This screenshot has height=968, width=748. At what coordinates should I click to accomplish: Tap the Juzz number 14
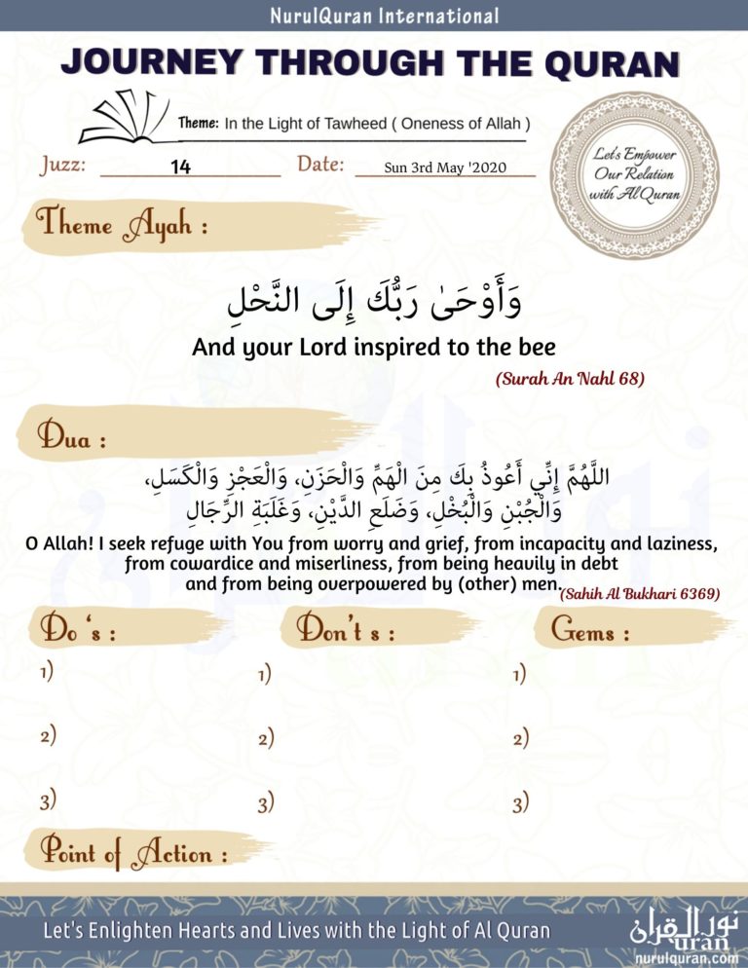pyautogui.click(x=180, y=167)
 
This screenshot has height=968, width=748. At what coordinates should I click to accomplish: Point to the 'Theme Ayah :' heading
pyautogui.click(x=123, y=226)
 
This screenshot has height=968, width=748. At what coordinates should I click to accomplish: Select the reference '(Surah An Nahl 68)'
pyautogui.click(x=571, y=379)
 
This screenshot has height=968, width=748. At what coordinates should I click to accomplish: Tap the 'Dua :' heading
pyautogui.click(x=74, y=437)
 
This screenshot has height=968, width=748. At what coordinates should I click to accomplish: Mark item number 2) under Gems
pyautogui.click(x=520, y=739)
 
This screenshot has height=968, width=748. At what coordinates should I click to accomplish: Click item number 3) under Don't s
pyautogui.click(x=265, y=803)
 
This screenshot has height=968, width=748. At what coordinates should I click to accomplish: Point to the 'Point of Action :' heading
pyautogui.click(x=132, y=854)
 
